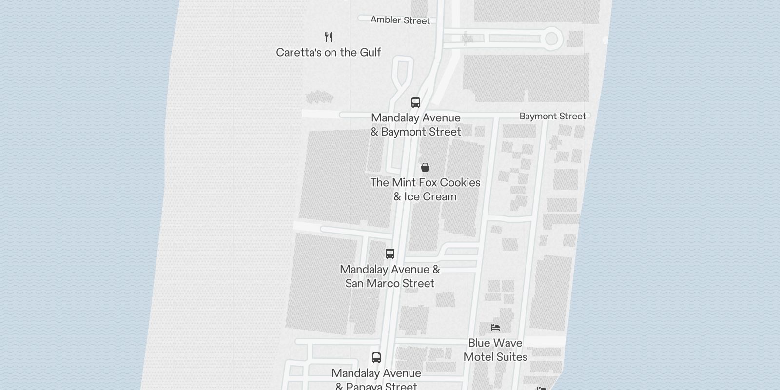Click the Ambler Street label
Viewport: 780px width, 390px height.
click(400, 20)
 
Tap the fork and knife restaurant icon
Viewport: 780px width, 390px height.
click(329, 37)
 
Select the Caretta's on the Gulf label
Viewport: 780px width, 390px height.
click(328, 52)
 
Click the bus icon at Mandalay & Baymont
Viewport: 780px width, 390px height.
click(416, 102)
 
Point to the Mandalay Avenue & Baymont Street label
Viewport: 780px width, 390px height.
click(416, 125)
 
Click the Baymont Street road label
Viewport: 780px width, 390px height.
click(552, 116)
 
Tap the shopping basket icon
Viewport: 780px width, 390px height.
click(425, 167)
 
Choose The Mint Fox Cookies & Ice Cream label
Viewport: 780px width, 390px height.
click(425, 189)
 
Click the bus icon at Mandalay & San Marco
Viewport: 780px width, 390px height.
click(390, 253)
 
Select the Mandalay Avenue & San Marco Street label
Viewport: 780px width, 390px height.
click(390, 276)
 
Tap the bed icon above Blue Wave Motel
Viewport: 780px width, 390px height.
click(495, 327)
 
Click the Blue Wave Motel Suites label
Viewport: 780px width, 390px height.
click(495, 350)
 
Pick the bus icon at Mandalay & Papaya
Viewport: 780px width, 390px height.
click(376, 358)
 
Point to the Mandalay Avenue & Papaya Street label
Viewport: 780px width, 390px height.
click(376, 380)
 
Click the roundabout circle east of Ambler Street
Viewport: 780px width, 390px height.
click(551, 38)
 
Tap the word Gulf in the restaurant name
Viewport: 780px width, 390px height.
click(370, 52)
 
